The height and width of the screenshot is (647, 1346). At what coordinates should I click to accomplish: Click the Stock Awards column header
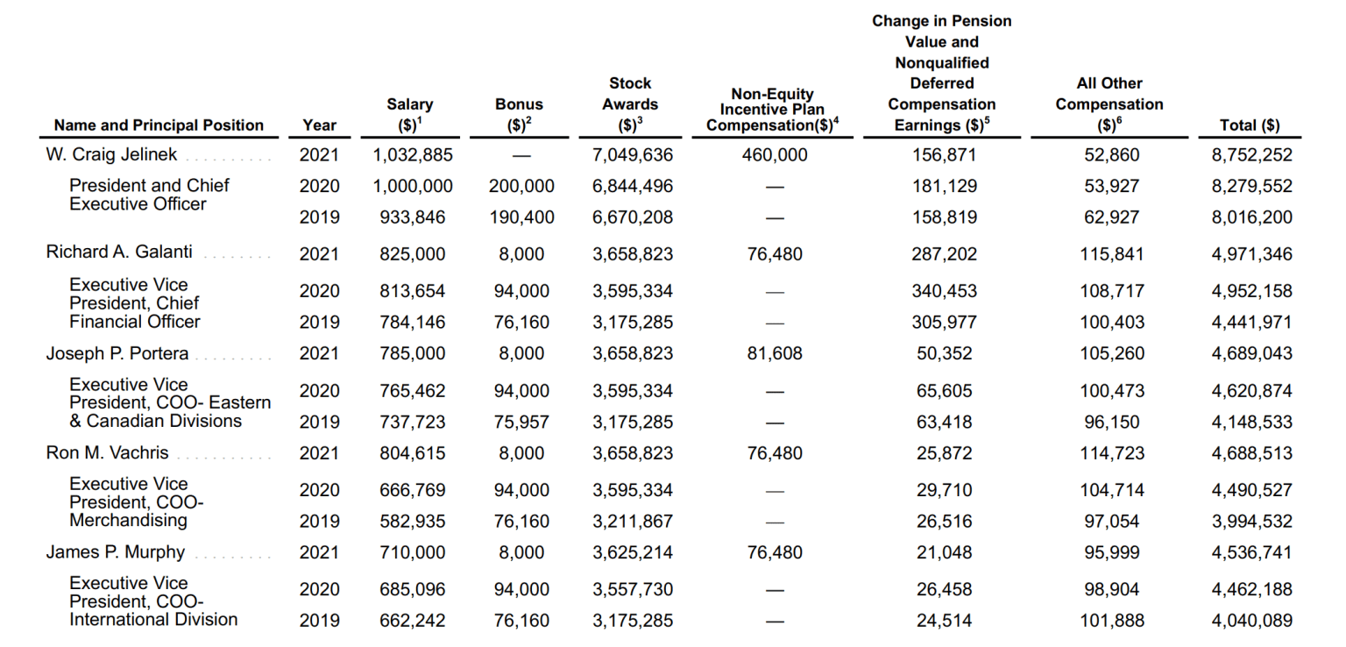630,104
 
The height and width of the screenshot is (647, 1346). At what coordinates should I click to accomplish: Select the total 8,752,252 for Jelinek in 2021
1251,155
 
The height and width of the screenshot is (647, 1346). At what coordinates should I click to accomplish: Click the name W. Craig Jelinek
111,154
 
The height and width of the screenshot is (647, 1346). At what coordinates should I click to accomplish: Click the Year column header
319,125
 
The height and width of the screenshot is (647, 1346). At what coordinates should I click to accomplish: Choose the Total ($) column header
1250,125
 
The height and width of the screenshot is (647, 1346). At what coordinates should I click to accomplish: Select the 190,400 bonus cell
521,217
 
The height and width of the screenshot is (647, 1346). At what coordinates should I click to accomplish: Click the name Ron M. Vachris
107,453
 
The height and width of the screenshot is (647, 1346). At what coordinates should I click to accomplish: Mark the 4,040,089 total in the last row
1251,621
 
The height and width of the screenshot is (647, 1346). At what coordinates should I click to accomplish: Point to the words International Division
153,619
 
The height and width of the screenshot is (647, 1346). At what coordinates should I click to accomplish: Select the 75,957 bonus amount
521,422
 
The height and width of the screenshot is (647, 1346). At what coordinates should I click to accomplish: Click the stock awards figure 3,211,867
633,521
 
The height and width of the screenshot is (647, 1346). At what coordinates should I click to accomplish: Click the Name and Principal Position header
159,125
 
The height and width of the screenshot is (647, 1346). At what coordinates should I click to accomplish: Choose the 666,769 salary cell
412,490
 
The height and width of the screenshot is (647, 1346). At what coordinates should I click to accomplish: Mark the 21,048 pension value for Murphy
943,552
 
